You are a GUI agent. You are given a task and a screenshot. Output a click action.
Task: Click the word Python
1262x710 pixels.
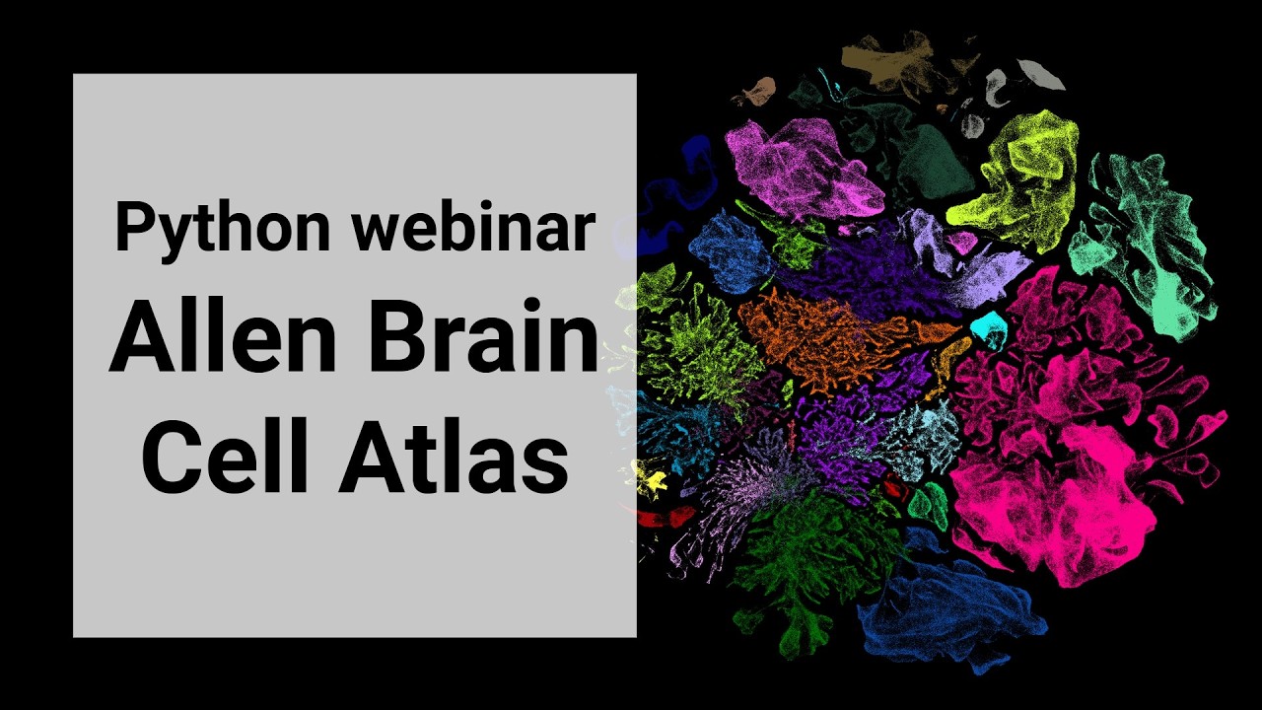pos(221,229)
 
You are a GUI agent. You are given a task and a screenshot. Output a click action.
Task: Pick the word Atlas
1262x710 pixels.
pos(454,457)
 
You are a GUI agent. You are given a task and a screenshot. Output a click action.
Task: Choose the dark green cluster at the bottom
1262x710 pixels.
pos(808,572)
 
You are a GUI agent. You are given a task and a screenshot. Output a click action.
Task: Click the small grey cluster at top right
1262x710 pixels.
pos(1040,74)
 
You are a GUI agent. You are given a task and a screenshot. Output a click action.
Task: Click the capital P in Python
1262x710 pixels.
pos(133,227)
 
